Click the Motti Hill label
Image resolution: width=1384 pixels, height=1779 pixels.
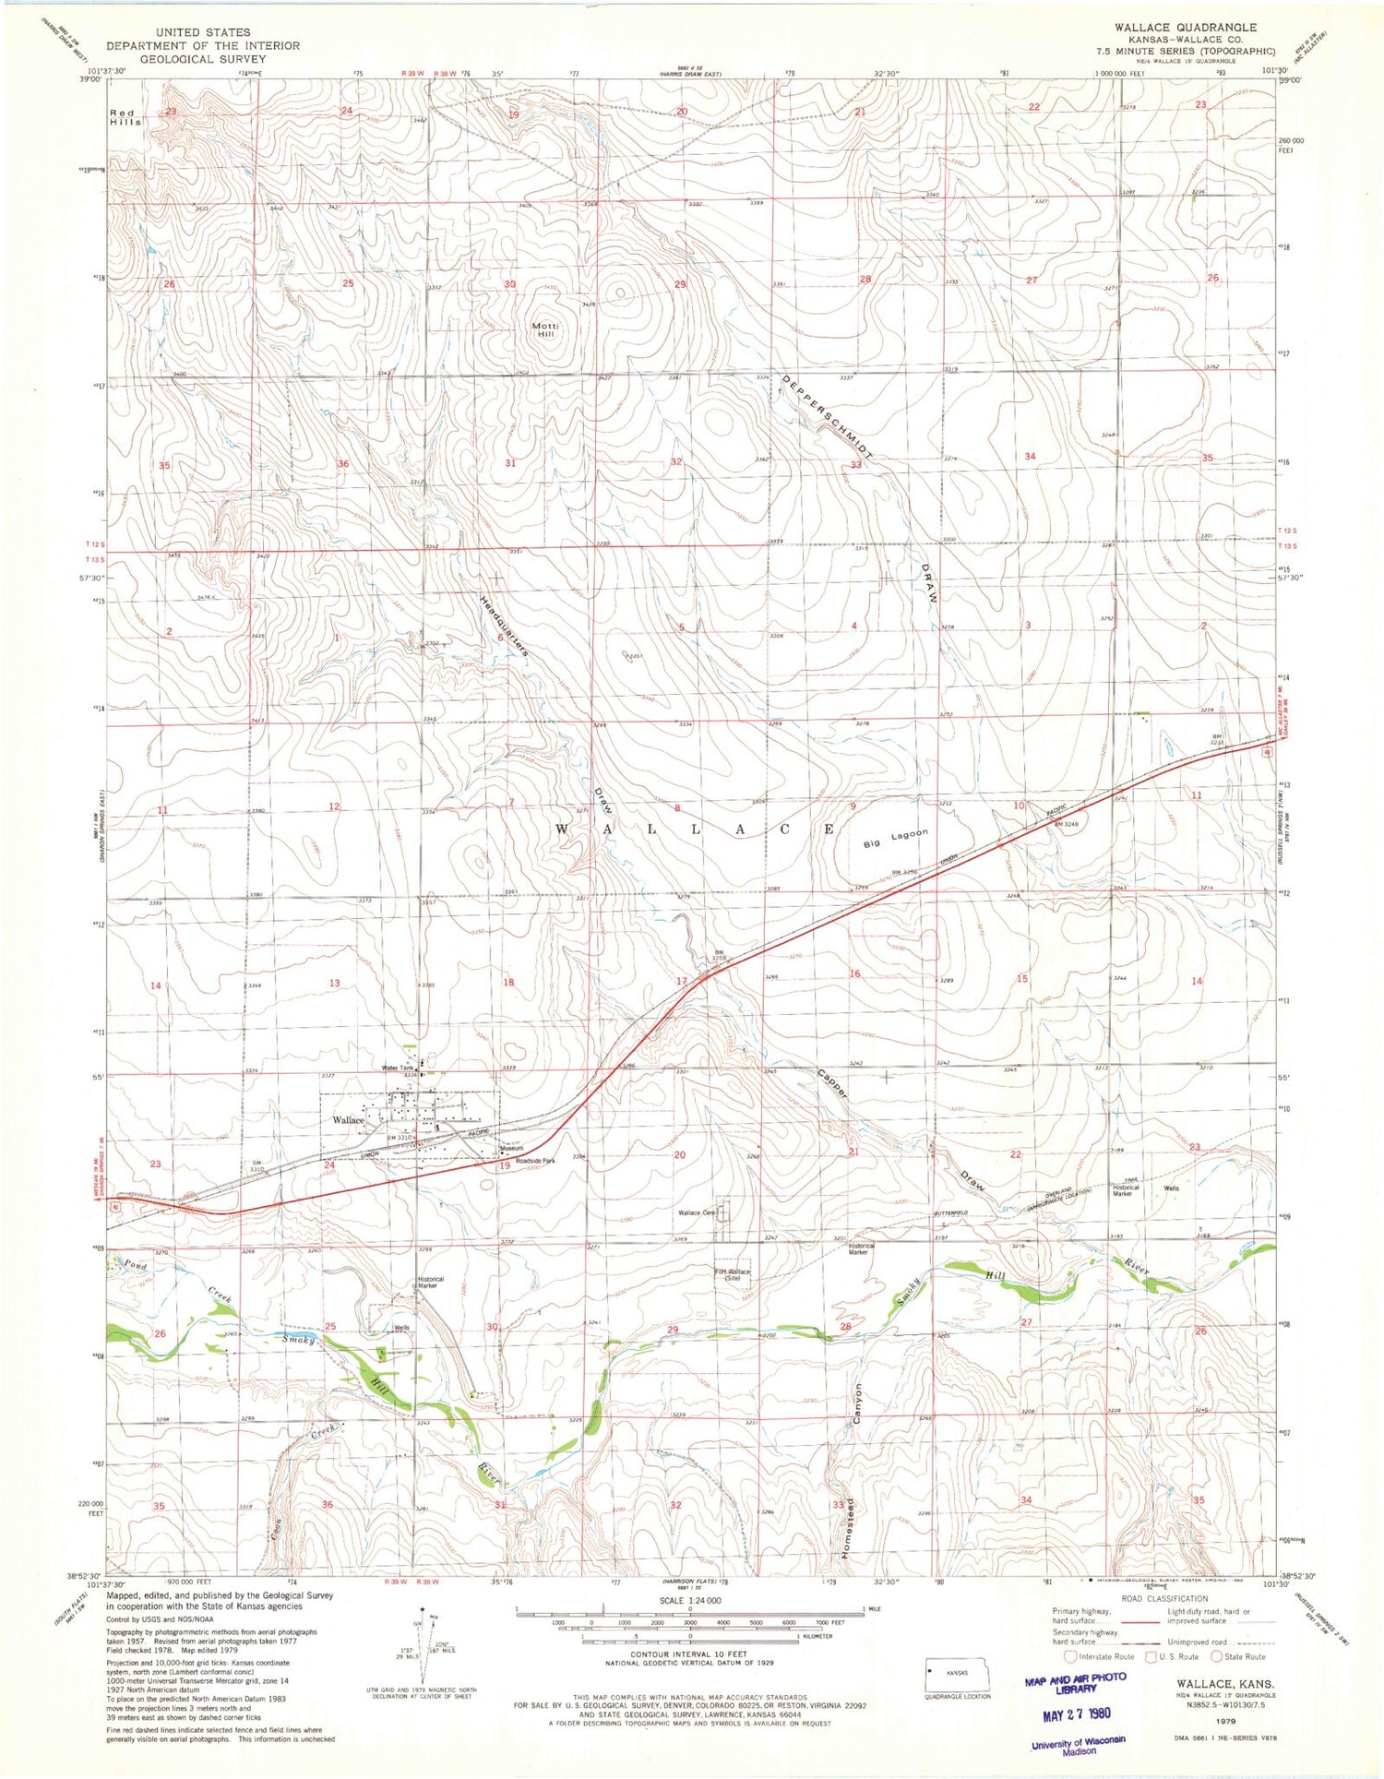542,329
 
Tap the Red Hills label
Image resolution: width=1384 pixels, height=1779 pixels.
125,116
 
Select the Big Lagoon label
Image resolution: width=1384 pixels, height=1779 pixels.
895,838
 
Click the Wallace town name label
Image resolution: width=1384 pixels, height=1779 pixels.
349,1120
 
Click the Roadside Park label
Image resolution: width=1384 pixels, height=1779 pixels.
535,1161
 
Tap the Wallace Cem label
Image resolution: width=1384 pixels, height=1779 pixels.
697,1212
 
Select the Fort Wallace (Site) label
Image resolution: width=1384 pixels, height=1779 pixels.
734,1277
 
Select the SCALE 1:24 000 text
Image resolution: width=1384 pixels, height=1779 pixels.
689,1601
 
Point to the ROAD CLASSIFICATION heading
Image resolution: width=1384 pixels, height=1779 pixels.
1164,1599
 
